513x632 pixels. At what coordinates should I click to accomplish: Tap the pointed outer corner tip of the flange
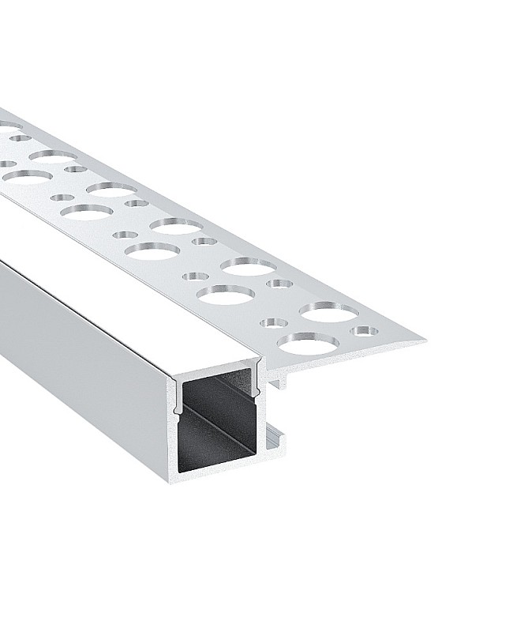pyautogui.click(x=425, y=341)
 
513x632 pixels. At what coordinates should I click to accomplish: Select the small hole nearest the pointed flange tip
pyautogui.click(x=365, y=330)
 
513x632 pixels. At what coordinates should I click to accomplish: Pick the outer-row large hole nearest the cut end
pyautogui.click(x=329, y=311)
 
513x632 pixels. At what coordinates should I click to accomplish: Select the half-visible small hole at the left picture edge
pyautogui.click(x=3, y=164)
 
